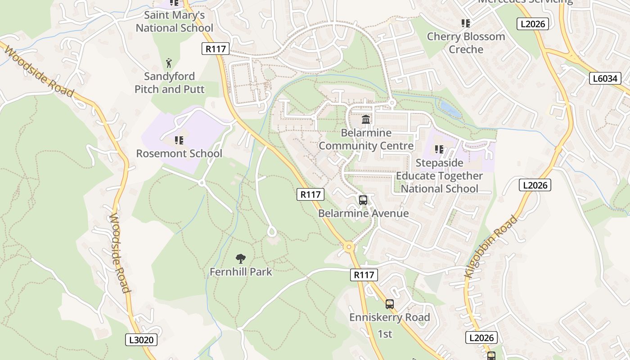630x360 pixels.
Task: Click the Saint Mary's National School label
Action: [174, 22]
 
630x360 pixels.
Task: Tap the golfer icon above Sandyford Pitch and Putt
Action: [169, 63]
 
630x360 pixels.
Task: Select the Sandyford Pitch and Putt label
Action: [169, 83]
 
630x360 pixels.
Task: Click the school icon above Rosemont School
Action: [179, 140]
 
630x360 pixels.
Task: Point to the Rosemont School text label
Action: [179, 153]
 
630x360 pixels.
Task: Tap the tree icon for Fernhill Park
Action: [241, 258]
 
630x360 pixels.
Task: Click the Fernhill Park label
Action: [241, 272]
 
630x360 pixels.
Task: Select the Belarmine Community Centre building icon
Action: [366, 120]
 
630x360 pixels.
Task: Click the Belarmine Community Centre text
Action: [366, 139]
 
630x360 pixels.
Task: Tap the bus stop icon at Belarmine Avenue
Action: [363, 200]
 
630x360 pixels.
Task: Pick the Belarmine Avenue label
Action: [363, 213]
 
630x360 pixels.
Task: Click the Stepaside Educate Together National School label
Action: [439, 175]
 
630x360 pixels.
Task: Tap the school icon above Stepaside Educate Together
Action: [439, 149]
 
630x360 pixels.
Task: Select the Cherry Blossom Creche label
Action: [466, 43]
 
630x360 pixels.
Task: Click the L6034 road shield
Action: [605, 79]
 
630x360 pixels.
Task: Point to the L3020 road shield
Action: [141, 340]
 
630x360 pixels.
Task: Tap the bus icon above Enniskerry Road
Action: [390, 304]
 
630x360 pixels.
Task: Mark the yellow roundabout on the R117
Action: [348, 247]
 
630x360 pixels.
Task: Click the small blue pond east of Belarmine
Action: [450, 109]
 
